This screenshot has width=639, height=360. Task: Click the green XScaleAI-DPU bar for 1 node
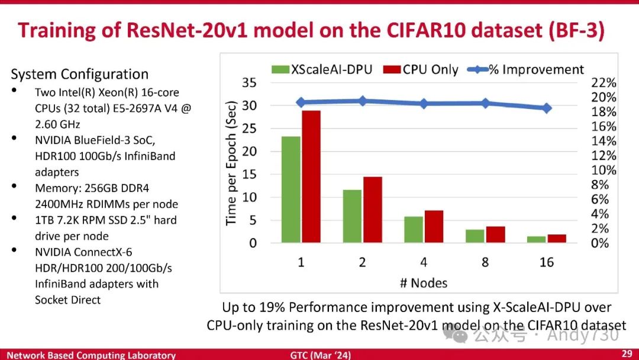[291, 189]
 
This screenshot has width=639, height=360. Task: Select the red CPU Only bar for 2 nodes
[373, 210]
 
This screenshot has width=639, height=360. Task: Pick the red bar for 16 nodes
[557, 238]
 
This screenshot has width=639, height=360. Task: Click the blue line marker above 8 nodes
[485, 103]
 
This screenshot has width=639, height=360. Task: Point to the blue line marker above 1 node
[301, 102]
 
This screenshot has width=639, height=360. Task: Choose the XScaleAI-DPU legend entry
[322, 69]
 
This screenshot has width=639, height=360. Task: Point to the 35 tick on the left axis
[249, 83]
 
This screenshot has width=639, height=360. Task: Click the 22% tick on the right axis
[603, 83]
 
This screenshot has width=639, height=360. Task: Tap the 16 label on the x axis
[546, 262]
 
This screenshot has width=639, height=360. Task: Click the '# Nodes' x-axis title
[424, 282]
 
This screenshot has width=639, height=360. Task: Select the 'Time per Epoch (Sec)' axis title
[231, 162]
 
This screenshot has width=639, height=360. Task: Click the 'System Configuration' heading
[79, 74]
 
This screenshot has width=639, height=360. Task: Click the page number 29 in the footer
[627, 354]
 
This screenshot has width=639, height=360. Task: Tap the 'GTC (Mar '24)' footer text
[320, 355]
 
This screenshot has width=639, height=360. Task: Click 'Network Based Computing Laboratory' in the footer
[91, 355]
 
